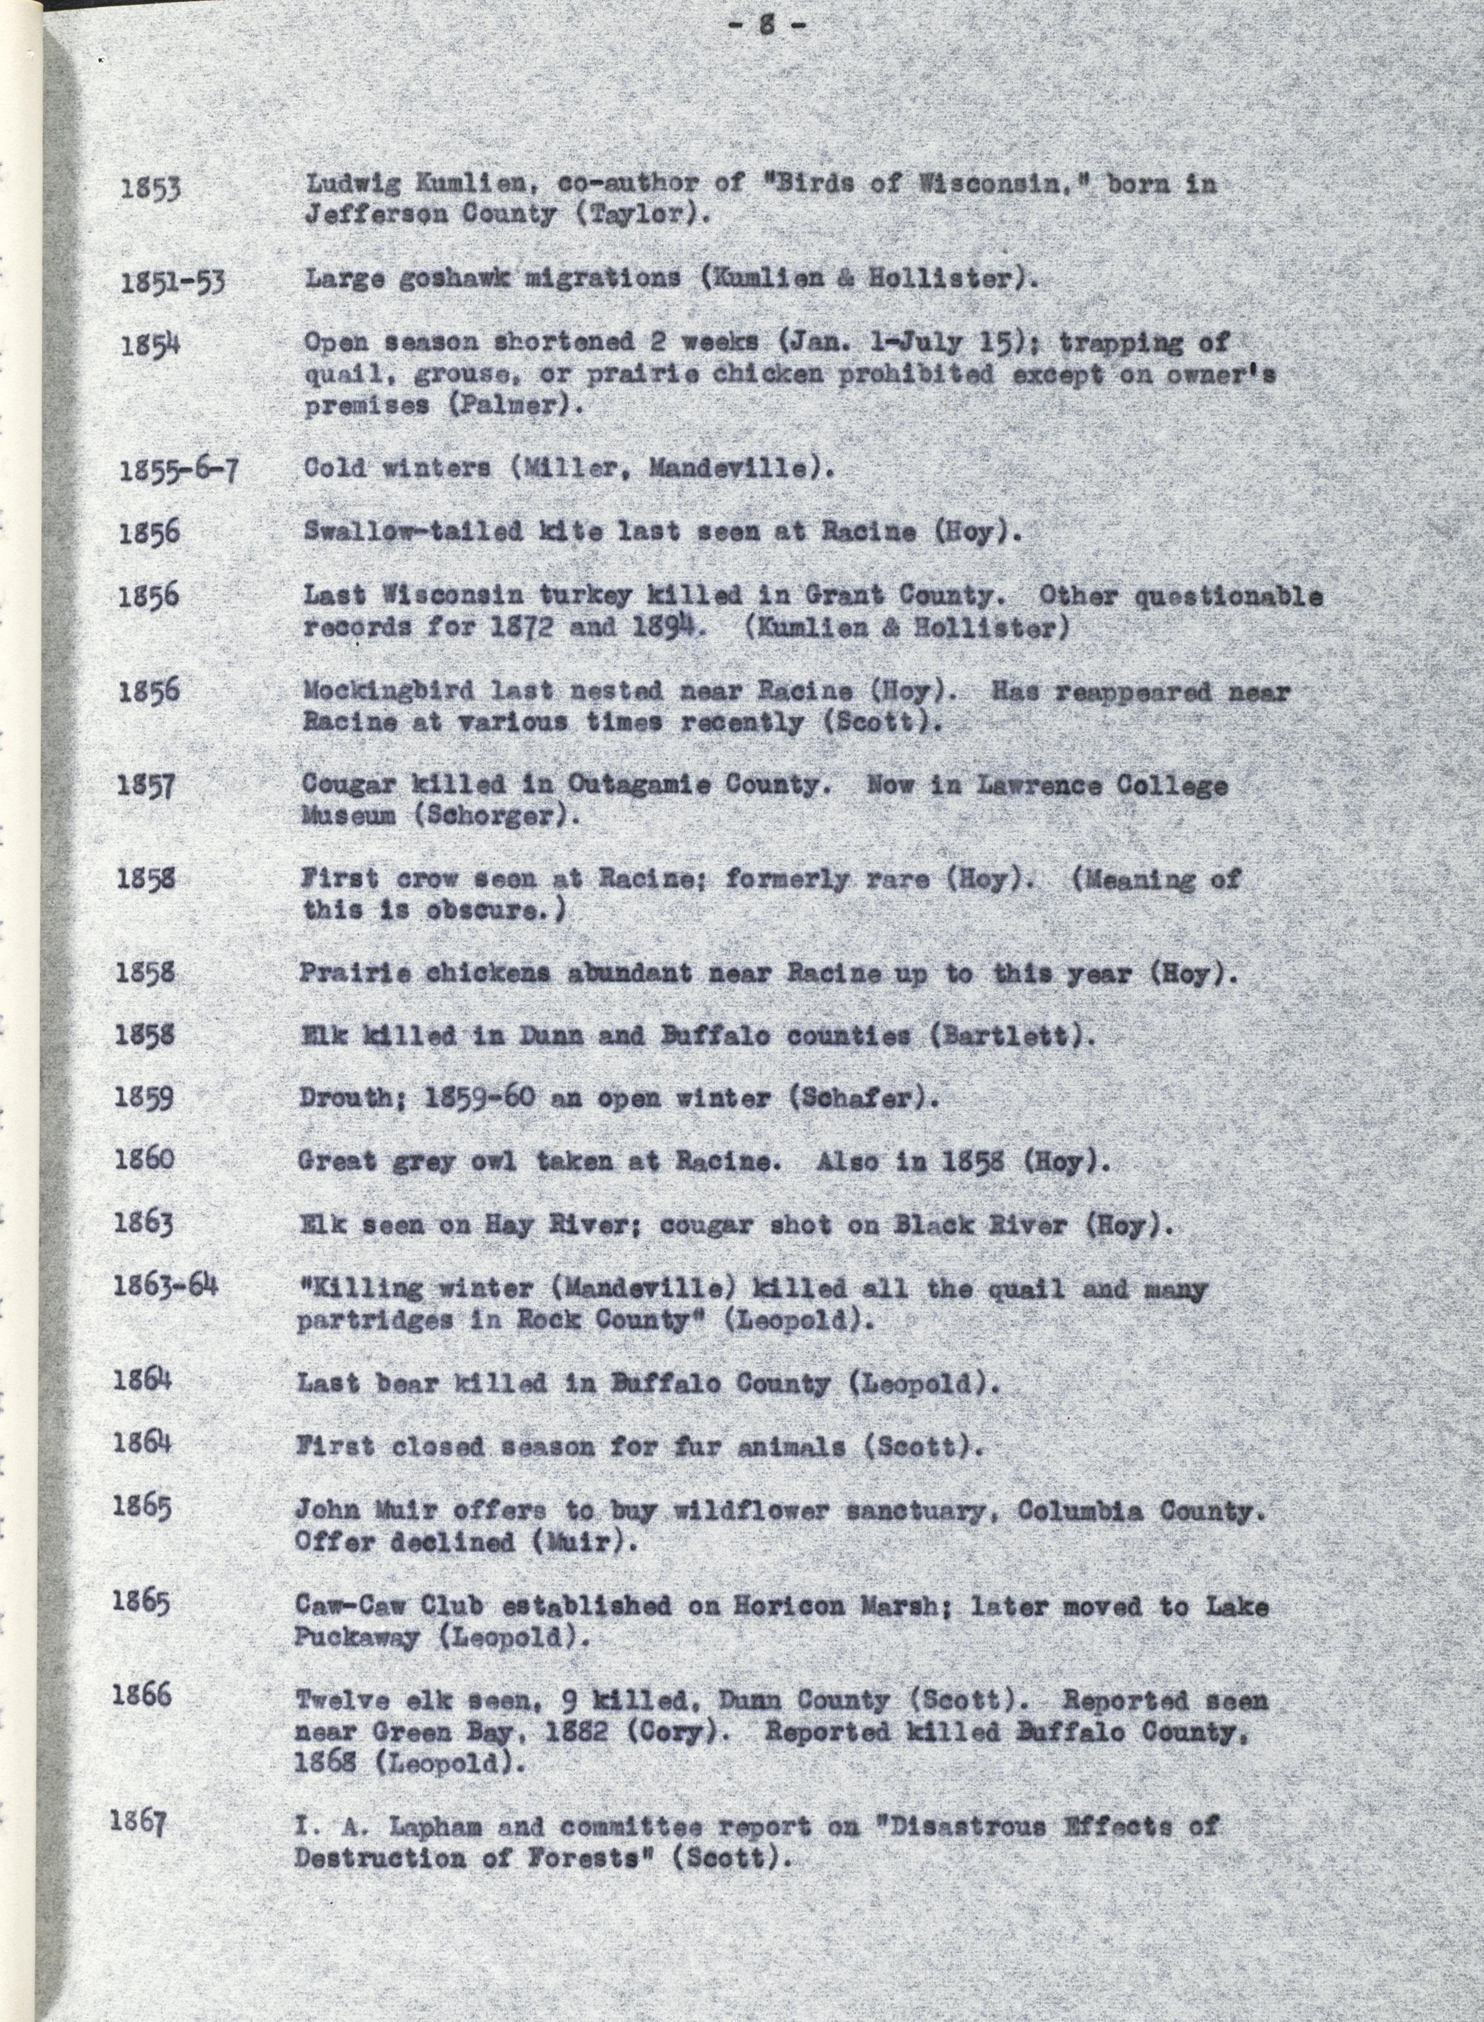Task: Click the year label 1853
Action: pyautogui.click(x=151, y=189)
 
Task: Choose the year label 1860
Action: pyautogui.click(x=145, y=1160)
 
